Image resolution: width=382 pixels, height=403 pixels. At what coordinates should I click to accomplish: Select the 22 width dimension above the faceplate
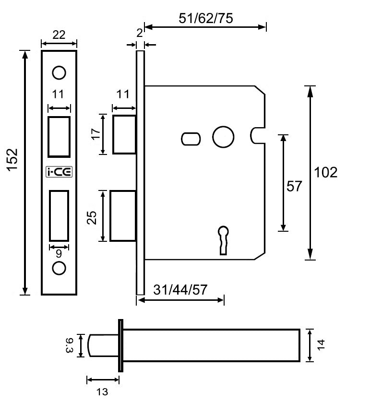59,35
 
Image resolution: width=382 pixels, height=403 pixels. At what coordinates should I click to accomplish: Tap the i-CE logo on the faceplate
59,172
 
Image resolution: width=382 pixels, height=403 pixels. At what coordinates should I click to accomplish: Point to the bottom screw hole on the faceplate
59,268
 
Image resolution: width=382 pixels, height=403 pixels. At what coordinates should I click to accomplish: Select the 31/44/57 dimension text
180,289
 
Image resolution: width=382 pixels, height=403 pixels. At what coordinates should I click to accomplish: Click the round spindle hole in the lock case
223,137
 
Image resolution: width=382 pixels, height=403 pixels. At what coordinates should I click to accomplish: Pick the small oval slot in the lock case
191,138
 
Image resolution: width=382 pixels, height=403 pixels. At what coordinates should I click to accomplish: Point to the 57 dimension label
294,186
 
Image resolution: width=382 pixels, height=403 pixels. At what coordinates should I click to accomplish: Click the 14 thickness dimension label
321,345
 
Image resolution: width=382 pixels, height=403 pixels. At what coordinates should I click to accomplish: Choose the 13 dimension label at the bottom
102,391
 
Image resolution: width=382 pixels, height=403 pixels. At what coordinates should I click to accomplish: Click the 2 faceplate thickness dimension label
139,33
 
